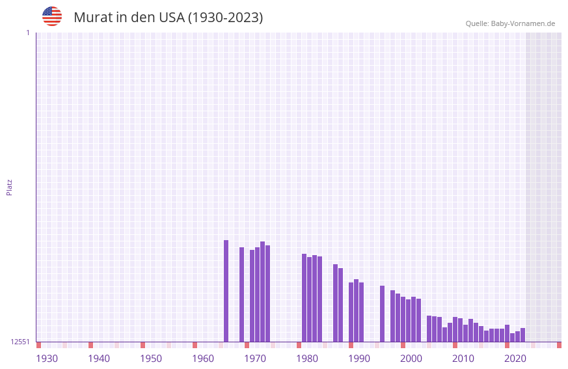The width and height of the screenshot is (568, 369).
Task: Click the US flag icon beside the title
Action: (x=52, y=16)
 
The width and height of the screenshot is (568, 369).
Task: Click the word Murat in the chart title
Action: (x=92, y=18)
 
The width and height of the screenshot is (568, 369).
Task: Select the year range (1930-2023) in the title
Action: (x=225, y=18)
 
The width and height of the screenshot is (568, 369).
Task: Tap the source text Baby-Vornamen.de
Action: (x=522, y=23)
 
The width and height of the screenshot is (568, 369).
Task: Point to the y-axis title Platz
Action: (x=9, y=187)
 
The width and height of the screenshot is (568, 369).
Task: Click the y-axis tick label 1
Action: (x=27, y=33)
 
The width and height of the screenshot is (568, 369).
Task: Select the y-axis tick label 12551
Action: (x=20, y=342)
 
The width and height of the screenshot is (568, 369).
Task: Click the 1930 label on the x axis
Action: (x=47, y=359)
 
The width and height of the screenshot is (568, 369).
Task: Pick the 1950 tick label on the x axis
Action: (x=151, y=359)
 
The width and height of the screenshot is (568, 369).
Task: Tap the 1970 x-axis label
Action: (x=255, y=359)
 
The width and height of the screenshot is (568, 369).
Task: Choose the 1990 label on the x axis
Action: (x=359, y=359)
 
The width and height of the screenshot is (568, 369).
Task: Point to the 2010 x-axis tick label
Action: (x=463, y=359)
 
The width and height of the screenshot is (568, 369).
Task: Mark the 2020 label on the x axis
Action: (x=515, y=359)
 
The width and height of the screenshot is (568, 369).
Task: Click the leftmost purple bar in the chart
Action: (x=226, y=291)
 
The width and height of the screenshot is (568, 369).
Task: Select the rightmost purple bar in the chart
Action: (x=522, y=335)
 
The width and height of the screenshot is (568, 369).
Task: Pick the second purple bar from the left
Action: (x=241, y=294)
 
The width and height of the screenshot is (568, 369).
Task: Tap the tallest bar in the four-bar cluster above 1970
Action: (x=262, y=292)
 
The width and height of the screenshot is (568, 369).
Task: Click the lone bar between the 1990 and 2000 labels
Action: (x=382, y=314)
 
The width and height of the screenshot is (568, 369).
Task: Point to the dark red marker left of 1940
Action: (x=90, y=345)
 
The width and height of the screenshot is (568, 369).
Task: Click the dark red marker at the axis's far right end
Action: (x=559, y=345)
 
